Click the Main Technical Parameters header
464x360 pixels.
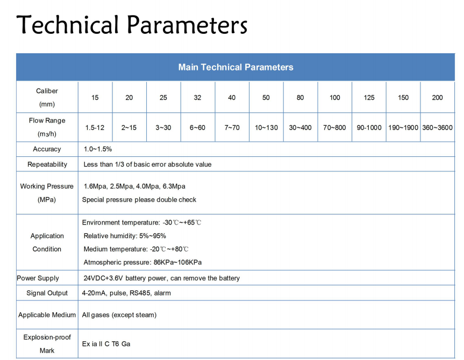(x=235, y=67)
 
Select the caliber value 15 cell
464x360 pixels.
(x=95, y=97)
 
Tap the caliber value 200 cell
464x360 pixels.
(x=437, y=97)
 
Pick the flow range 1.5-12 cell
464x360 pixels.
(x=95, y=127)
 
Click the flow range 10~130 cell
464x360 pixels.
(x=266, y=127)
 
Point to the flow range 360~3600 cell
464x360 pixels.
(x=437, y=127)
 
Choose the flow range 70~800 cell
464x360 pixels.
(x=334, y=127)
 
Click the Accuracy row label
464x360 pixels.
(x=47, y=149)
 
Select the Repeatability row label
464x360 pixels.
(x=47, y=164)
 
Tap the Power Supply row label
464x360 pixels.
(x=38, y=278)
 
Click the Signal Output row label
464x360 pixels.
(x=47, y=293)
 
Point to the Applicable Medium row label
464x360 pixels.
(x=47, y=315)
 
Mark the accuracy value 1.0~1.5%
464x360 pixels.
(x=98, y=149)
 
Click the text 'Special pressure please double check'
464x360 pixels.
(x=139, y=199)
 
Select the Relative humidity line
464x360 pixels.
(x=125, y=235)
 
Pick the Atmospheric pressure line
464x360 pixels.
(x=142, y=262)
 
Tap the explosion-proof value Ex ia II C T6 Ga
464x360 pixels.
(x=106, y=343)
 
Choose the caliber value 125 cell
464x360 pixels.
(x=369, y=97)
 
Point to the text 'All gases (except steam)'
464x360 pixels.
(x=119, y=315)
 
